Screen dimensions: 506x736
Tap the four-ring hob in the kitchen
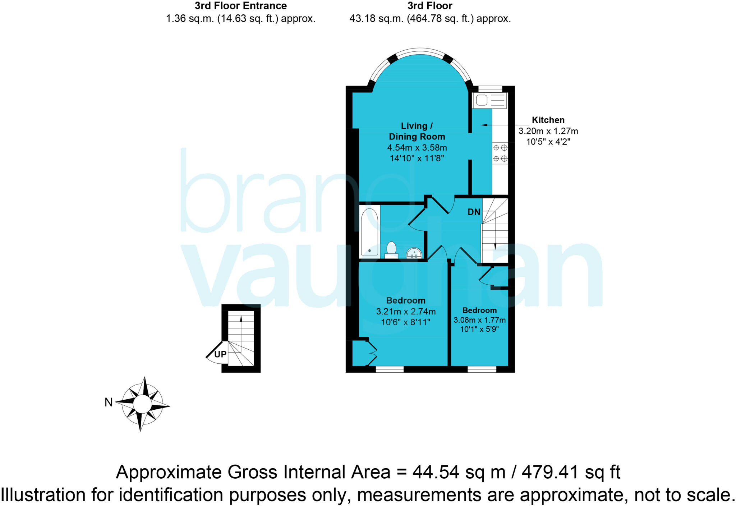(500, 153)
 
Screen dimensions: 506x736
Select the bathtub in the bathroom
(369, 232)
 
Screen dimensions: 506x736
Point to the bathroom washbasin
(414, 253)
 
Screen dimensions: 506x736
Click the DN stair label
(474, 212)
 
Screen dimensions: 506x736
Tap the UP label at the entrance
(220, 354)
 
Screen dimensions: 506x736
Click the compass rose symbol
(143, 404)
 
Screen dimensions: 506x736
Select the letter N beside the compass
(109, 402)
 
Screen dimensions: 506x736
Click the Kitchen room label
(548, 120)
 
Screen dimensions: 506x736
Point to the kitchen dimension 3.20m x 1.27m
(548, 131)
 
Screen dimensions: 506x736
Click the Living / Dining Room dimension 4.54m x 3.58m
(417, 148)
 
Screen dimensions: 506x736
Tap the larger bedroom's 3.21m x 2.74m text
(406, 312)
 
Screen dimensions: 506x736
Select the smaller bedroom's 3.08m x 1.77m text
(479, 320)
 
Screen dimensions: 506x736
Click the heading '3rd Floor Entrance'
(240, 6)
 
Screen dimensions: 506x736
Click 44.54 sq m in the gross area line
(459, 472)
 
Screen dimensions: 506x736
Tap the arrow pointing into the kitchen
(484, 125)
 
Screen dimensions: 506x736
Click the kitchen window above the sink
(490, 89)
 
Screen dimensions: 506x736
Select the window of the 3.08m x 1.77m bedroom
(482, 369)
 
